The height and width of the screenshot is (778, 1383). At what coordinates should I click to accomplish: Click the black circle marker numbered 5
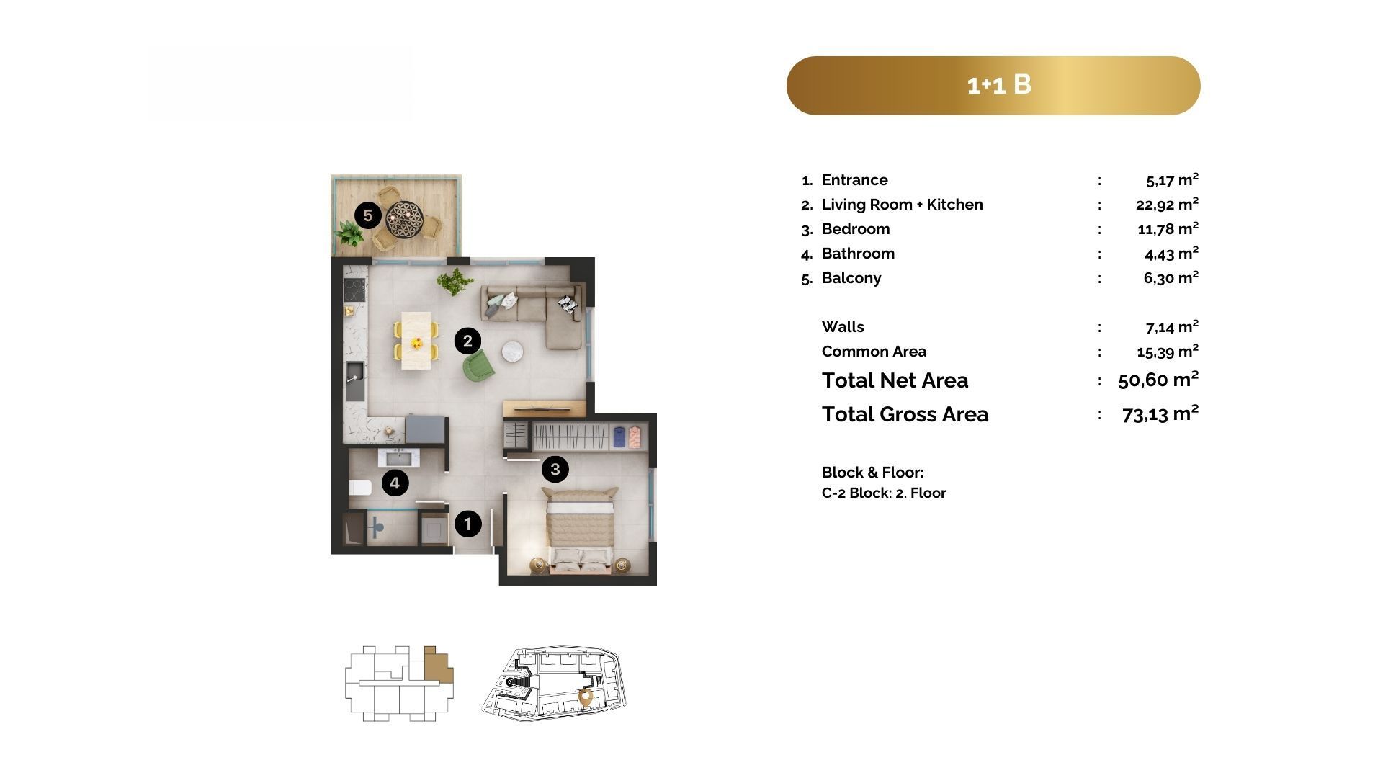pyautogui.click(x=368, y=215)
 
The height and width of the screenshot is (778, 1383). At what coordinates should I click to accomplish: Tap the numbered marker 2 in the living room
pyautogui.click(x=467, y=341)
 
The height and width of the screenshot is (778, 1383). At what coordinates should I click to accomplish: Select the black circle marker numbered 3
pyautogui.click(x=555, y=470)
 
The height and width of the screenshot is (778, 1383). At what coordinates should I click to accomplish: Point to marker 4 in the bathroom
pyautogui.click(x=395, y=483)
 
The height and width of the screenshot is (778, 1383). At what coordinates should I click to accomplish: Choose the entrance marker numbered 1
pyautogui.click(x=467, y=524)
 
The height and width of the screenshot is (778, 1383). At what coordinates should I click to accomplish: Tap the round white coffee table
pyautogui.click(x=513, y=351)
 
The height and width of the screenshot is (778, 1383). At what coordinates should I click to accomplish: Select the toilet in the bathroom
pyautogui.click(x=359, y=488)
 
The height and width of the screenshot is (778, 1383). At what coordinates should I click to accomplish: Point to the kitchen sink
pyautogui.click(x=354, y=381)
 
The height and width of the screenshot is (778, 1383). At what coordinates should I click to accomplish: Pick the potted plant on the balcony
pyautogui.click(x=349, y=233)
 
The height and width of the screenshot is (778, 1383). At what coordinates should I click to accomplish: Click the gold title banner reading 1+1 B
pyautogui.click(x=993, y=86)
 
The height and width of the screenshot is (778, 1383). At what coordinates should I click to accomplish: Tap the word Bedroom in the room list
pyautogui.click(x=856, y=229)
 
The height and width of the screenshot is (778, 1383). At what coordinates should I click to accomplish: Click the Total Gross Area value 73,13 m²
pyautogui.click(x=1160, y=414)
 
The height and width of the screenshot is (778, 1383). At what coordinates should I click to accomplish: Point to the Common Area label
pyautogui.click(x=874, y=352)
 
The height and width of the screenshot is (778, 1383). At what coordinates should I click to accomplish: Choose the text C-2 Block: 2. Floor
pyautogui.click(x=884, y=493)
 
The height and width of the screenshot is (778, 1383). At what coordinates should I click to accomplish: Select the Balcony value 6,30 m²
pyautogui.click(x=1171, y=278)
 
